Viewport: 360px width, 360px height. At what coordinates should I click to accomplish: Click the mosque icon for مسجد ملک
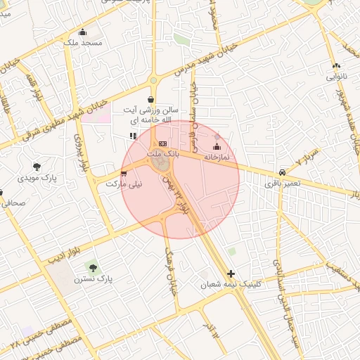coord(83,32)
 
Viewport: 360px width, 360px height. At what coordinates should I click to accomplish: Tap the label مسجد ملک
coord(83,43)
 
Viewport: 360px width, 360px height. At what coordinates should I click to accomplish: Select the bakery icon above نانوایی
coord(335,66)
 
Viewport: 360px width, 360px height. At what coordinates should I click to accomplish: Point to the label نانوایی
coord(335,77)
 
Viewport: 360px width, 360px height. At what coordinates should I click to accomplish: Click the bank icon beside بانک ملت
coord(163,143)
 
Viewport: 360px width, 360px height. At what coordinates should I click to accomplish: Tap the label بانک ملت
coord(163,153)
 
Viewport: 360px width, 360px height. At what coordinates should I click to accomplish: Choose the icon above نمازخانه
coord(216,147)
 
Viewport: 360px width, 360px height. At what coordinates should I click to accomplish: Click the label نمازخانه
coord(217,158)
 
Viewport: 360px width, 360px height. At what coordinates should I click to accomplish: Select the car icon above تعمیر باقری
coord(282,172)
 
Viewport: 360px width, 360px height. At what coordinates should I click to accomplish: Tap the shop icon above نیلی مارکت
coord(124,172)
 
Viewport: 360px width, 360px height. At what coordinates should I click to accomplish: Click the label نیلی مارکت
coord(124,184)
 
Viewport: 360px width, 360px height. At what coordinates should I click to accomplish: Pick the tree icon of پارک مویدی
coord(37,167)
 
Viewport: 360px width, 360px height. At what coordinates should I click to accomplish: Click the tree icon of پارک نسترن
coord(93,268)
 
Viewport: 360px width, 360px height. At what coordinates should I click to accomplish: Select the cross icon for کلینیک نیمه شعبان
coord(231,274)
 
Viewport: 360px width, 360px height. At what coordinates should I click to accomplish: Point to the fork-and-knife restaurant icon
coord(133,136)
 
